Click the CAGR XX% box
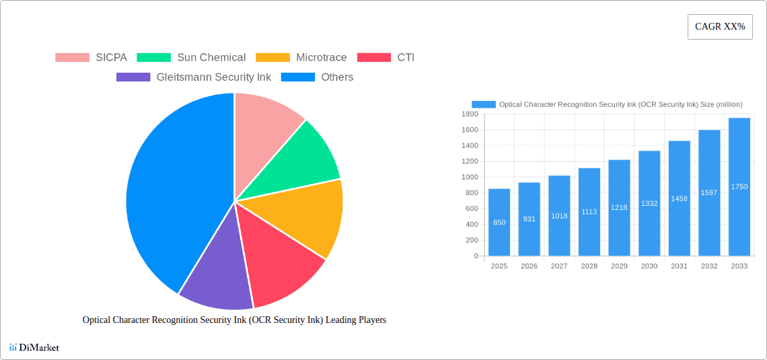(719, 27)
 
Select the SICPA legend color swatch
(72, 58)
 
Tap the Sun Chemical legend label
(211, 58)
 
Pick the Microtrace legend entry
(321, 58)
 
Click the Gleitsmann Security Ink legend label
(213, 77)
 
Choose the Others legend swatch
(297, 77)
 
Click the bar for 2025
(499, 222)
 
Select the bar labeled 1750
(739, 186)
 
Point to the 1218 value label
(619, 208)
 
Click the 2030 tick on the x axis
(649, 266)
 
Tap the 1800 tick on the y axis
(469, 114)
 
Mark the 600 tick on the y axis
(471, 209)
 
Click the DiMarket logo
(34, 347)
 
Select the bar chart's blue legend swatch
(484, 104)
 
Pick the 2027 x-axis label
(559, 266)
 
